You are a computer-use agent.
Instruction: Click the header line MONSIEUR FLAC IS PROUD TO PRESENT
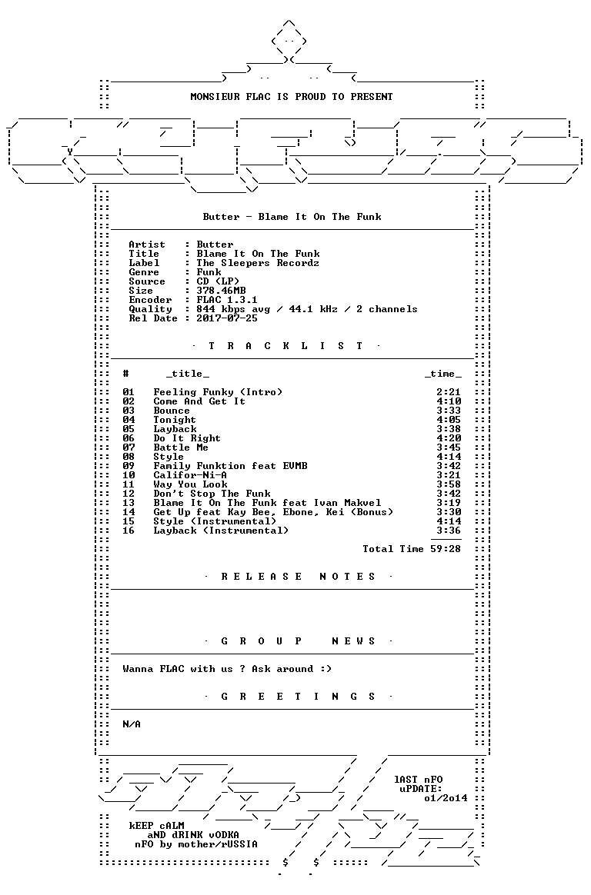pyautogui.click(x=291, y=97)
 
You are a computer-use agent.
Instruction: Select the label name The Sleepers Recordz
pyautogui.click(x=258, y=263)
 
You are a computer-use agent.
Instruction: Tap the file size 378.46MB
pyautogui.click(x=221, y=291)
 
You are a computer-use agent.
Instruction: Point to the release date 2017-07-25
pyautogui.click(x=227, y=318)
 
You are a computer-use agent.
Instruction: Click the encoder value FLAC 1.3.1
pyautogui.click(x=227, y=300)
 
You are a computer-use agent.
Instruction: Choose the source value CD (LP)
pyautogui.click(x=218, y=281)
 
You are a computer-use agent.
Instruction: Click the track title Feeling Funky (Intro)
pyautogui.click(x=218, y=392)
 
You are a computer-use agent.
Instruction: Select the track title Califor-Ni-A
pyautogui.click(x=190, y=475)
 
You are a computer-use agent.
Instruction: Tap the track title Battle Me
pyautogui.click(x=180, y=447)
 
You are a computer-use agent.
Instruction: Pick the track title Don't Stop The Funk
pyautogui.click(x=212, y=494)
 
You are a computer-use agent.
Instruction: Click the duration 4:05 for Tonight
pyautogui.click(x=449, y=420)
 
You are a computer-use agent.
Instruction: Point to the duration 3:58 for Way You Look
pyautogui.click(x=449, y=484)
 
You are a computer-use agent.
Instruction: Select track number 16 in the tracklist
pyautogui.click(x=129, y=531)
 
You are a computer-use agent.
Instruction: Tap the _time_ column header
pyautogui.click(x=443, y=374)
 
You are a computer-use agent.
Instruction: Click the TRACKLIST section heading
pyautogui.click(x=285, y=346)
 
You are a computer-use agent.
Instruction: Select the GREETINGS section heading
pyautogui.click(x=298, y=697)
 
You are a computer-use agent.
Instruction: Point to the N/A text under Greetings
pyautogui.click(x=132, y=724)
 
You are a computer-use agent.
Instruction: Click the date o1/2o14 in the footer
pyautogui.click(x=446, y=798)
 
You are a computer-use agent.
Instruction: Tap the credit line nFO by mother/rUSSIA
pyautogui.click(x=196, y=844)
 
